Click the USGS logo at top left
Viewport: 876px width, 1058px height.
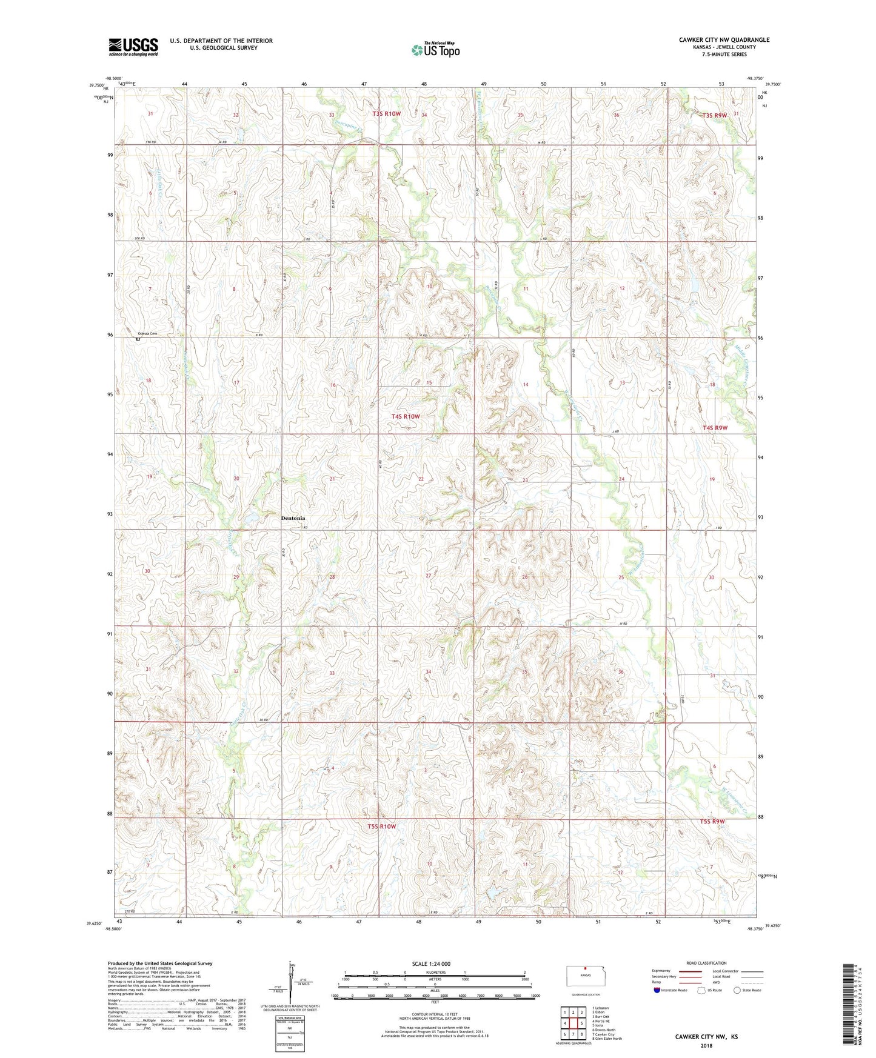click(x=133, y=46)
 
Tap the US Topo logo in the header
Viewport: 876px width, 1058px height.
click(x=435, y=49)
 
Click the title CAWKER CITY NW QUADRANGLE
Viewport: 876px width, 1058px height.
click(x=724, y=40)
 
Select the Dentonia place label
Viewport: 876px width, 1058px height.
click(x=293, y=519)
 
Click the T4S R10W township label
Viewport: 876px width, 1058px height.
click(x=406, y=416)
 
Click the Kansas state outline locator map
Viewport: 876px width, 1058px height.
click(x=585, y=976)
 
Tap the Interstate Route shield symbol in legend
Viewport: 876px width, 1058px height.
click(x=657, y=991)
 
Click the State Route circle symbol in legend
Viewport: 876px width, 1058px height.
click(x=737, y=991)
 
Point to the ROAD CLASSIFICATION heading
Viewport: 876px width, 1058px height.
click(x=707, y=963)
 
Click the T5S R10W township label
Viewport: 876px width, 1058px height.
click(x=381, y=827)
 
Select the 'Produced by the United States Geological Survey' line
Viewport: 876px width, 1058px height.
click(x=160, y=963)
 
